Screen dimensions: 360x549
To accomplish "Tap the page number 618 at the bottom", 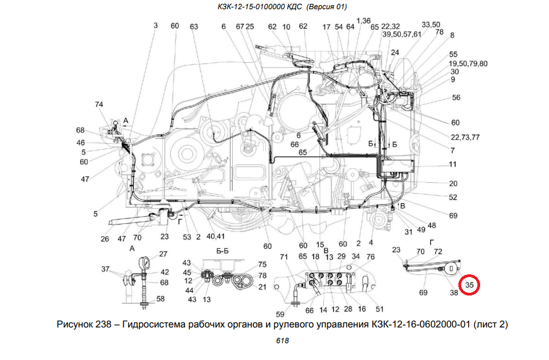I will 282,341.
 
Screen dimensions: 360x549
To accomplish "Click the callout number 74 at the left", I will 99,104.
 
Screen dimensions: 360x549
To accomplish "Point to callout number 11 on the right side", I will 452,164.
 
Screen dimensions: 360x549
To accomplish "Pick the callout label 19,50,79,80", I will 468,63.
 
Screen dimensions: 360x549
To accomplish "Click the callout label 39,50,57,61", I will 401,34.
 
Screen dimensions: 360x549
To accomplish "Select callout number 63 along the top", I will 195,27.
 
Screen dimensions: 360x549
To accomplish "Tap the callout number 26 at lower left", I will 105,237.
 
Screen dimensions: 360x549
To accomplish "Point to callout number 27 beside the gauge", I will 163,254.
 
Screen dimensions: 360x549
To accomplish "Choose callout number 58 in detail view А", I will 161,298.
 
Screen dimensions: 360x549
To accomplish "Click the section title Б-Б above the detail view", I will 221,250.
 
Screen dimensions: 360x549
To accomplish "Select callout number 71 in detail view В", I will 283,256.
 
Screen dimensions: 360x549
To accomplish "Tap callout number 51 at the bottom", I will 378,310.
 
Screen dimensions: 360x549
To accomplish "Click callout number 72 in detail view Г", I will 438,251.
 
